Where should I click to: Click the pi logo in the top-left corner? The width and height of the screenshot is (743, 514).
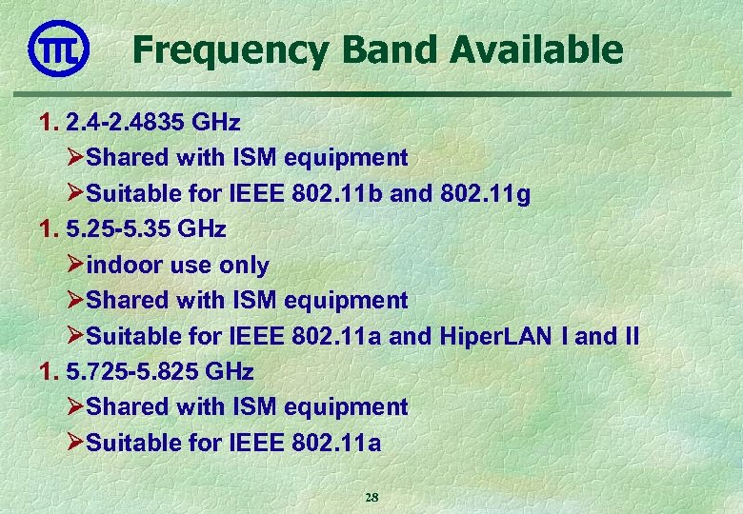click(x=59, y=49)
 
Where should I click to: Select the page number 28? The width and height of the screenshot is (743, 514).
click(x=371, y=497)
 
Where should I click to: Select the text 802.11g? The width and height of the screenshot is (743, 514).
click(x=486, y=194)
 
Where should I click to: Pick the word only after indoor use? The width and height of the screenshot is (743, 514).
click(x=244, y=266)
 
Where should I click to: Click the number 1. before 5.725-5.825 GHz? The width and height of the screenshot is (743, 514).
click(x=50, y=371)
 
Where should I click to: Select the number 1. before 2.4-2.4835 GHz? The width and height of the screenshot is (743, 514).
click(x=50, y=122)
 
